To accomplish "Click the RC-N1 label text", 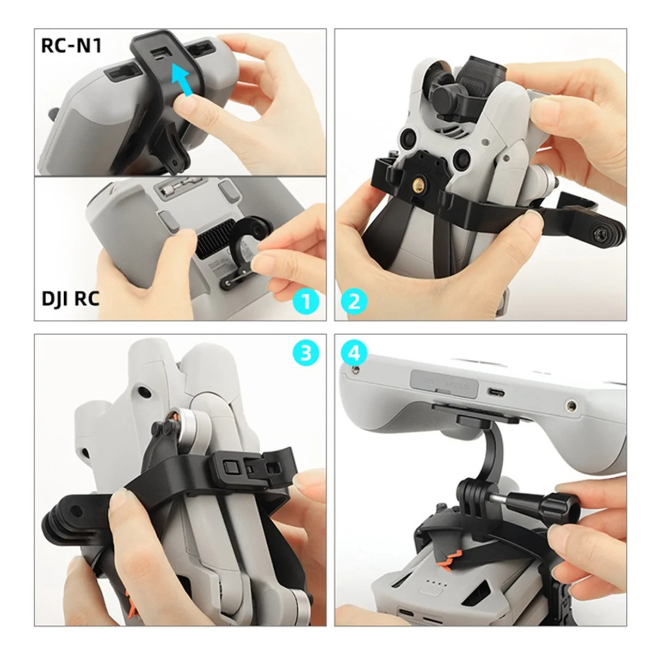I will click(x=71, y=46).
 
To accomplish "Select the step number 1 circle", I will click(x=306, y=300).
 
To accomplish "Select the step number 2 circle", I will click(x=354, y=300).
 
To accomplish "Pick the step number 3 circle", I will click(x=306, y=354).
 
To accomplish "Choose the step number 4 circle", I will click(x=354, y=354).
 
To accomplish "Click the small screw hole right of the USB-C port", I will click(x=571, y=405).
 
